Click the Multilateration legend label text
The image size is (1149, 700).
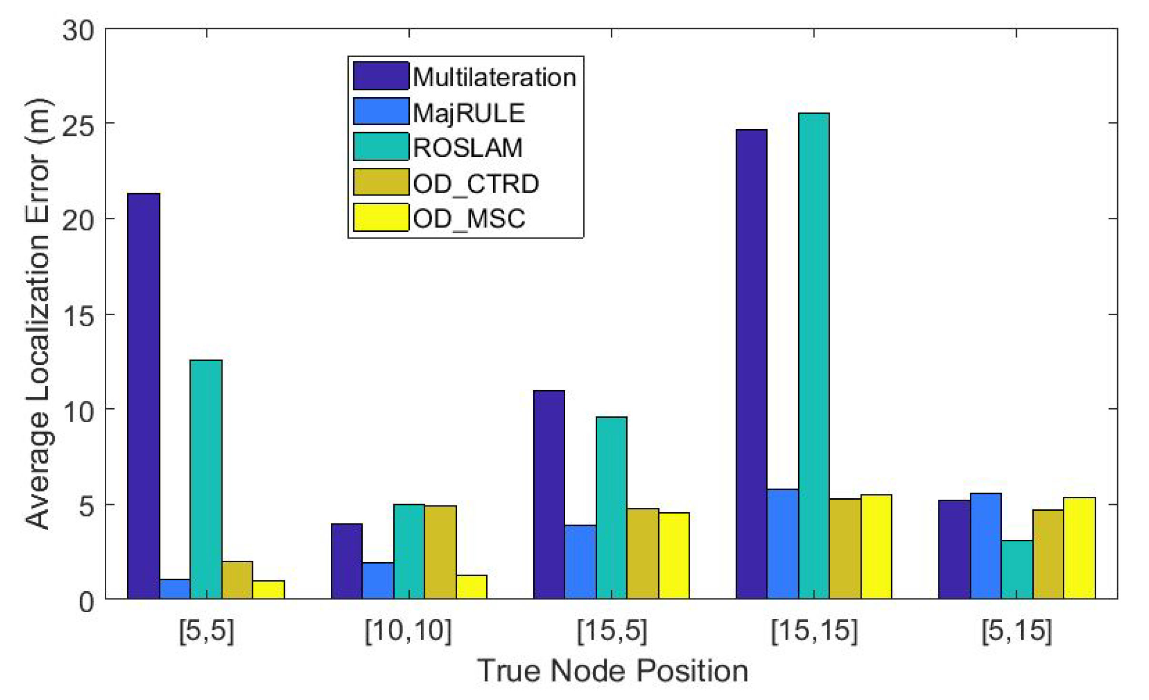(x=494, y=77)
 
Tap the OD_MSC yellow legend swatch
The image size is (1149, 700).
(x=380, y=217)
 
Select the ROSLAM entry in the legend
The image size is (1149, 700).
(x=467, y=147)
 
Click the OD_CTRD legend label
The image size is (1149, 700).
(x=476, y=183)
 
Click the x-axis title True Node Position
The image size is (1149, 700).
(x=612, y=671)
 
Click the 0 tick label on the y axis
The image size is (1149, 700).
(x=87, y=602)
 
